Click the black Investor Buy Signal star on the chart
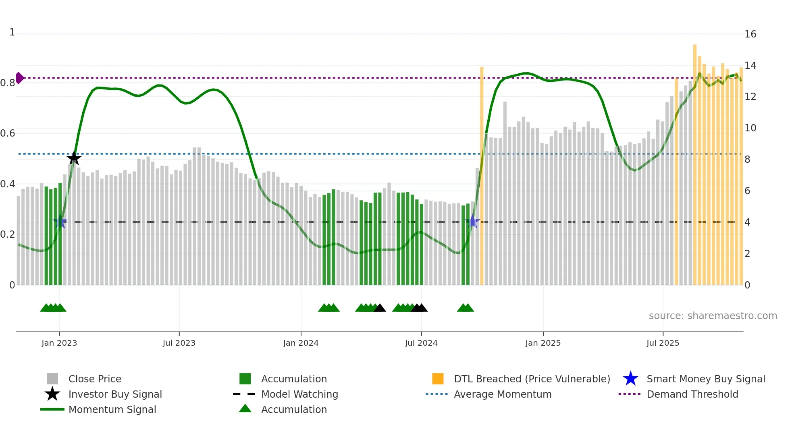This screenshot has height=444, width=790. point(74,158)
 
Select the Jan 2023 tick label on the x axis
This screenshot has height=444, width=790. point(59,343)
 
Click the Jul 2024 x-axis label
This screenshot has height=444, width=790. point(421,343)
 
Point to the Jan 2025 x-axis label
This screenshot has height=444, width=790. point(543,343)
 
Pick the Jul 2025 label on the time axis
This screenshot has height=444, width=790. point(663,343)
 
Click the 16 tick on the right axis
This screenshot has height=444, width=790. point(750,34)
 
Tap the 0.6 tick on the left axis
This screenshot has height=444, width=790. point(8,133)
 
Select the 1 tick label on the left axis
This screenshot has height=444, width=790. point(12,32)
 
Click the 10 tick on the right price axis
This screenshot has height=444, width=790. point(750,128)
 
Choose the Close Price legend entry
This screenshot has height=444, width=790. point(95,379)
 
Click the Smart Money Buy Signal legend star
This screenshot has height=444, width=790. point(630,379)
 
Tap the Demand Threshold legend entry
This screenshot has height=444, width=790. point(692,394)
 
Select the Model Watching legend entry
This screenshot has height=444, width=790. point(299,394)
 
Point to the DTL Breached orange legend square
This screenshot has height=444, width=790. point(438,379)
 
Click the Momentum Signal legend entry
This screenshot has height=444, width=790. point(112,409)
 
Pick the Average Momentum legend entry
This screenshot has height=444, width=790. point(503,394)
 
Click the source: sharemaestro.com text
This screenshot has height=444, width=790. point(713,316)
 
